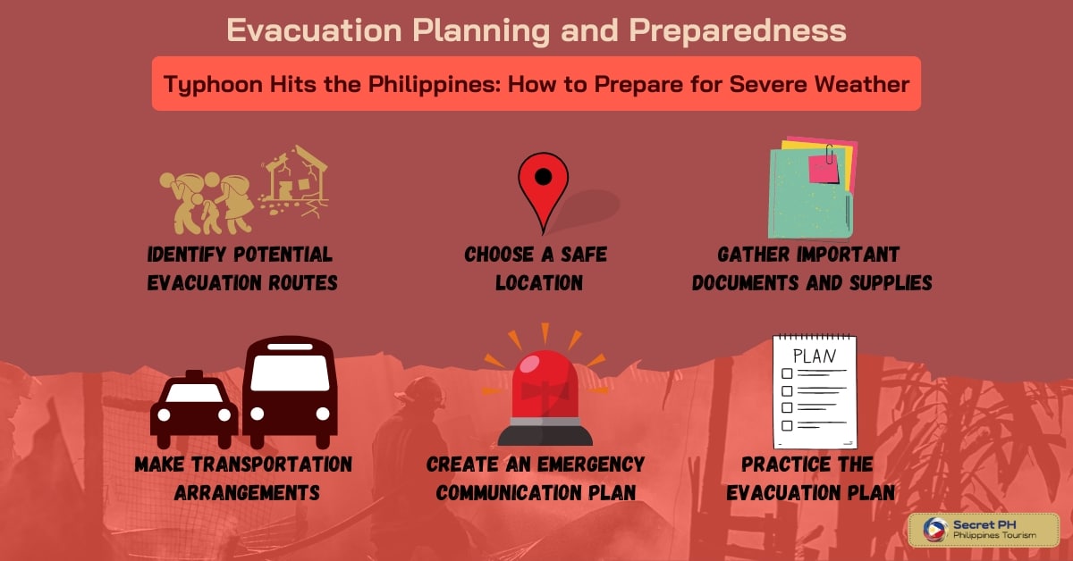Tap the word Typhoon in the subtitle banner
(x=213, y=85)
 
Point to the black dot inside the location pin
(x=544, y=177)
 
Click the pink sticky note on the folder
(x=824, y=169)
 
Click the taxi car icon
(x=194, y=409)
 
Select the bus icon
(x=290, y=392)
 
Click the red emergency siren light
(x=545, y=398)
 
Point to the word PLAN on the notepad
(x=815, y=356)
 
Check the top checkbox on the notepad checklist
(x=787, y=373)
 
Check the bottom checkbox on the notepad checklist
(x=787, y=425)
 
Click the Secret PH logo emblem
(x=936, y=530)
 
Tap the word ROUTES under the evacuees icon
(x=303, y=283)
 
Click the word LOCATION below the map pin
(x=539, y=283)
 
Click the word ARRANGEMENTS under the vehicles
(x=247, y=493)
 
